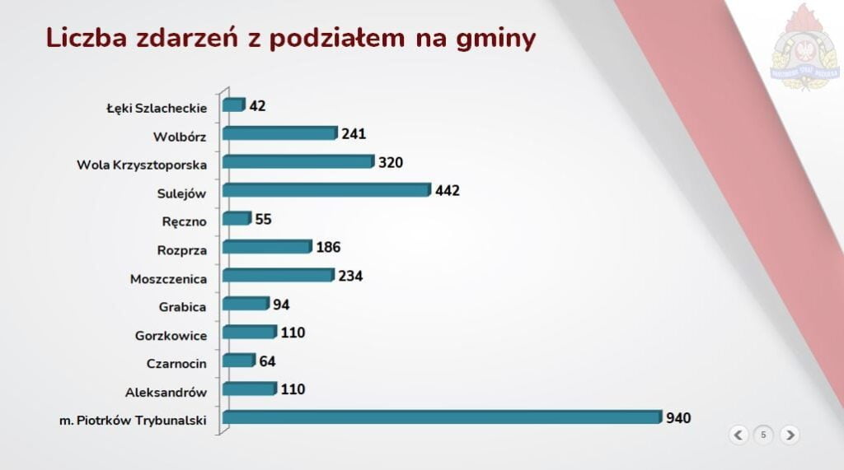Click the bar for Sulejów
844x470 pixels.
[326, 190]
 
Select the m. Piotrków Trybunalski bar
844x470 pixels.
[441, 417]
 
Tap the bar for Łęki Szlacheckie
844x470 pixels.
[233, 105]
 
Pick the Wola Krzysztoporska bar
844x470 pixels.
[298, 162]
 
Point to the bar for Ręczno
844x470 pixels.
[236, 219]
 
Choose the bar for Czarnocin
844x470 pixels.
[238, 361]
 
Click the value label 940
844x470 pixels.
[678, 418]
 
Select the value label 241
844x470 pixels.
[354, 134]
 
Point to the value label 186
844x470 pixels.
[328, 247]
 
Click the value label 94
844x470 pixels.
[281, 305]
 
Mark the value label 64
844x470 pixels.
[267, 361]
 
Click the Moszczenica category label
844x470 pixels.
[168, 279]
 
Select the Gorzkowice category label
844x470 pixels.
[171, 336]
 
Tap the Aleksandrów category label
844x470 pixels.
[166, 393]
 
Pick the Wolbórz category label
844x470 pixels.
[180, 137]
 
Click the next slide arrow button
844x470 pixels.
[789, 435]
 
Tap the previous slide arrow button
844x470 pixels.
[738, 435]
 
